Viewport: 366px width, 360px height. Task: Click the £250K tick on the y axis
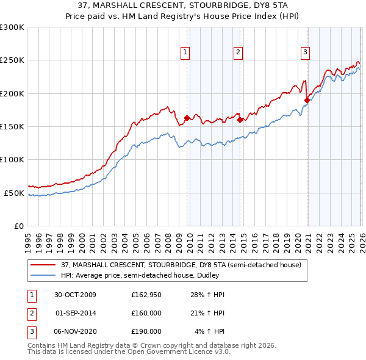click(12, 60)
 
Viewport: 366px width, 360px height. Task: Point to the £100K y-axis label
click(12, 160)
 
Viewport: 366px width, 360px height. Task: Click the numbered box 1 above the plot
click(185, 52)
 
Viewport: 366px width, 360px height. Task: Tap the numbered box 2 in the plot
click(237, 52)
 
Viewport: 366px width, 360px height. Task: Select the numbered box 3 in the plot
click(304, 52)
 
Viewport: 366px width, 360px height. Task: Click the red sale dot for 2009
click(187, 118)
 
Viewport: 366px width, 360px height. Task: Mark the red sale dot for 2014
click(240, 120)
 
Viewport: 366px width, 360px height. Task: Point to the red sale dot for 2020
click(307, 101)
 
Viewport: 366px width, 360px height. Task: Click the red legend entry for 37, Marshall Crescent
click(181, 265)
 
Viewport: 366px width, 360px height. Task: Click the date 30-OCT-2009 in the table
click(75, 295)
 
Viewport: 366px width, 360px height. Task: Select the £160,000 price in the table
click(146, 313)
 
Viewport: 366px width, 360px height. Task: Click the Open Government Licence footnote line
click(129, 351)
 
